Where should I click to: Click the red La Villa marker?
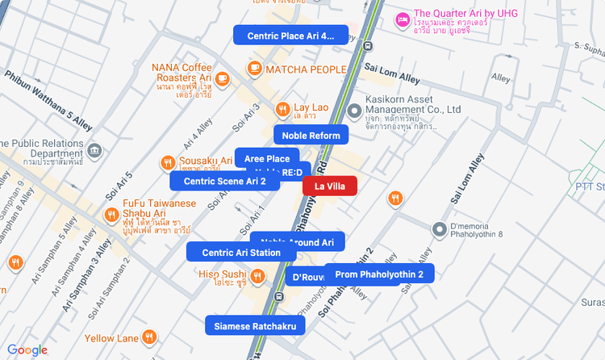pos(329,186)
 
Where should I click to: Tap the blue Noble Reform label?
pos(311,135)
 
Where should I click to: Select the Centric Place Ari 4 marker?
pos(290,36)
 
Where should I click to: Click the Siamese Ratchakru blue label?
pos(255,327)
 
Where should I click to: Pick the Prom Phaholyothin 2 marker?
pos(379,275)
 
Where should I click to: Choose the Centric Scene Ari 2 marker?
pos(224,181)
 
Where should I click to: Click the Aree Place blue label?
pos(266,158)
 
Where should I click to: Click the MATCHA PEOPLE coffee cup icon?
pos(255,69)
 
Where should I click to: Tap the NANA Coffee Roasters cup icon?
pos(223,78)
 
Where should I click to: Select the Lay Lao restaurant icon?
pos(282,109)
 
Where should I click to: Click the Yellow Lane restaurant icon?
pos(149,337)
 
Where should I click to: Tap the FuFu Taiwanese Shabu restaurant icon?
pos(111,214)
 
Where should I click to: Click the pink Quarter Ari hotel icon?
pos(402,19)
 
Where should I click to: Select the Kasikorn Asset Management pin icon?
pos(353,111)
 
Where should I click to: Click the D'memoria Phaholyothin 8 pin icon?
pos(440,230)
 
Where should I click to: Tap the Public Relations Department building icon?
pos(95,151)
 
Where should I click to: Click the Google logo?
pos(27,350)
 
